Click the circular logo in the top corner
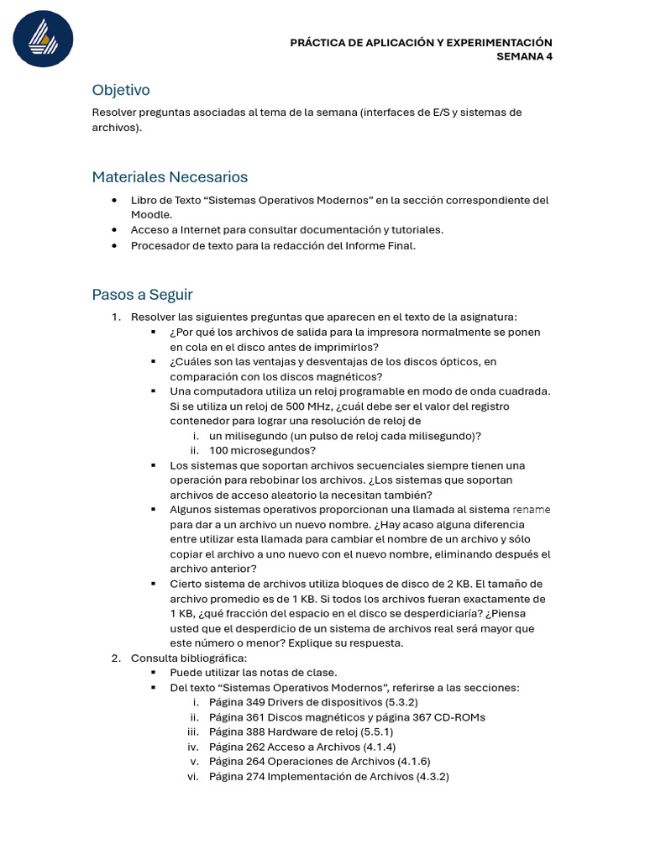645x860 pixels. (x=43, y=39)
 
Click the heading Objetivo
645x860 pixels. (x=121, y=90)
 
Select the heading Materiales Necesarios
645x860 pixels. (x=170, y=177)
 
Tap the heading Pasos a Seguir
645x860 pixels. (x=142, y=295)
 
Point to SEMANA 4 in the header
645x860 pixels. (x=524, y=57)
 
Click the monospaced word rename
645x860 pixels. (x=531, y=510)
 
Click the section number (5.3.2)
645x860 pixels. (x=401, y=702)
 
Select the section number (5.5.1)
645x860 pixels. (x=377, y=732)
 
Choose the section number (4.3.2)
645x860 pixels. (x=433, y=777)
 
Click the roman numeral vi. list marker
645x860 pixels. (x=192, y=777)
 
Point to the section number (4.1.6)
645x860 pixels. (x=413, y=762)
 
